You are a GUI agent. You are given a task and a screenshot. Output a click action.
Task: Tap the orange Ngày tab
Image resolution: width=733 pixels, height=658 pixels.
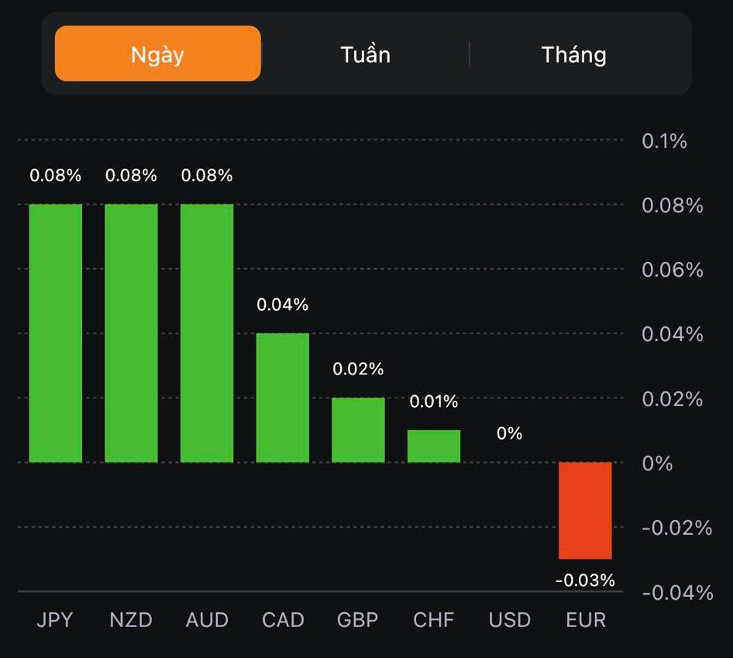[x=157, y=54]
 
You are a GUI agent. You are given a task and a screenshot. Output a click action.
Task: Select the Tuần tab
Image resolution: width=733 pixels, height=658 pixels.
[x=365, y=54]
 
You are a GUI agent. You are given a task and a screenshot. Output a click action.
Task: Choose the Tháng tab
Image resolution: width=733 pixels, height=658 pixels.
[x=573, y=54]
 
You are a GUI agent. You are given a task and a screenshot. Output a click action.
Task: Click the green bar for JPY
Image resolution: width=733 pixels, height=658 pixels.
[x=56, y=333]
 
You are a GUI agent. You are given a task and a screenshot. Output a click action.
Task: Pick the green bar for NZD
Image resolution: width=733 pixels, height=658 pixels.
[x=131, y=333]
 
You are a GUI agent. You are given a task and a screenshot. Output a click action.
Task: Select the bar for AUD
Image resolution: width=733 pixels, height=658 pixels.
[x=207, y=333]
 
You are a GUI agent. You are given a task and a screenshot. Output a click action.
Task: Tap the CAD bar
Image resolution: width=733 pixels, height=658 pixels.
[x=283, y=398]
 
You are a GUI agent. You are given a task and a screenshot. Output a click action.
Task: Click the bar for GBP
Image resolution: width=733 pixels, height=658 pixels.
[x=358, y=430]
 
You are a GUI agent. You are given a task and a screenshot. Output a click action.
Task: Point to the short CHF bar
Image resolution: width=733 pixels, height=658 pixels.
[x=434, y=446]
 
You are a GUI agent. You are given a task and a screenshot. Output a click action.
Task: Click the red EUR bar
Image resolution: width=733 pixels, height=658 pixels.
[x=586, y=510]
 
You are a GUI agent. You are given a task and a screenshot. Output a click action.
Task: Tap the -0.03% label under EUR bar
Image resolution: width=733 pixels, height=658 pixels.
[x=585, y=580]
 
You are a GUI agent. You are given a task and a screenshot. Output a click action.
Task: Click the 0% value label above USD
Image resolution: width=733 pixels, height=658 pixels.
[x=509, y=433]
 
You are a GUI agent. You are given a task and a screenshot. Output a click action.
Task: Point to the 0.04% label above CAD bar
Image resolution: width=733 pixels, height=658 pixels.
[x=283, y=305]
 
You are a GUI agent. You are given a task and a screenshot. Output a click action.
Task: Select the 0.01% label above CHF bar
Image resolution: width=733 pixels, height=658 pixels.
[x=434, y=401]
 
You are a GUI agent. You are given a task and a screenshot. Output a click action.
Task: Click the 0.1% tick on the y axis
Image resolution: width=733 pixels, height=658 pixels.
[x=665, y=141]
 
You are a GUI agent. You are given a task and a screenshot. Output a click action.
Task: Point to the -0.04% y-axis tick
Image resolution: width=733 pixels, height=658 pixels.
[x=677, y=593]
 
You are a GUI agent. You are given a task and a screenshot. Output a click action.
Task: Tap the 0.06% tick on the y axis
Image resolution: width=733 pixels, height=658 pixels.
[x=673, y=270]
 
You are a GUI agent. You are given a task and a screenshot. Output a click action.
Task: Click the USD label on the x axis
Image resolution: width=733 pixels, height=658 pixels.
[x=510, y=620]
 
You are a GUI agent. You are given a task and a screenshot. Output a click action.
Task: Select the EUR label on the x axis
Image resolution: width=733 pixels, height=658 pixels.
[x=586, y=620]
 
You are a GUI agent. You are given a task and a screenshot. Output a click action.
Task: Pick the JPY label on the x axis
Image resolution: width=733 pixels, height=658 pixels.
[x=55, y=620]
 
